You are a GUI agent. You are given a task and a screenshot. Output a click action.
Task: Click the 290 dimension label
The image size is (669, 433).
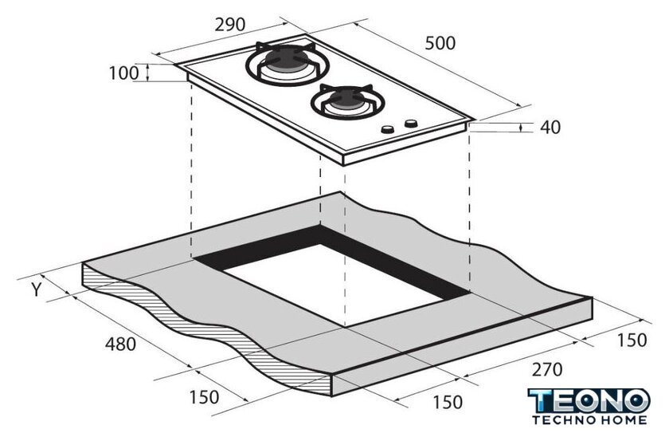[230, 25]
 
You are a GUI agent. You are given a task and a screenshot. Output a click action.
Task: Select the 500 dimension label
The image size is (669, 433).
[440, 43]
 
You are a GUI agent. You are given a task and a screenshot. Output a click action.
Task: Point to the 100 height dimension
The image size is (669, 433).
[123, 73]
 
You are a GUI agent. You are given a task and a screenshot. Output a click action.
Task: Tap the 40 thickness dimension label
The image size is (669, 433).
[550, 128]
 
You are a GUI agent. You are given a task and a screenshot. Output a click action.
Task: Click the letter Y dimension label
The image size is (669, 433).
[37, 290]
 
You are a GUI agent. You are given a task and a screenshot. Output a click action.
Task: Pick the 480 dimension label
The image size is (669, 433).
[121, 344]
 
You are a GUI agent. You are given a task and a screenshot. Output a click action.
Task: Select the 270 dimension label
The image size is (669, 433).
[546, 369]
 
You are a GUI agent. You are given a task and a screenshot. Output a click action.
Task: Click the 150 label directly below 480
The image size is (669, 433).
[204, 397]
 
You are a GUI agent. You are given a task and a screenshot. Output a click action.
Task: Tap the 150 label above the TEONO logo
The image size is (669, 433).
[632, 340]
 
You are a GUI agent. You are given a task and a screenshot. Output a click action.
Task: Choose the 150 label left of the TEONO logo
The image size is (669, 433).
[447, 402]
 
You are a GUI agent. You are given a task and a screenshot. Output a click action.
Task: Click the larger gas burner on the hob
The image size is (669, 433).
[288, 64]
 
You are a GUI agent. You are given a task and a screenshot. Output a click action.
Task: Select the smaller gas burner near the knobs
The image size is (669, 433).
[348, 101]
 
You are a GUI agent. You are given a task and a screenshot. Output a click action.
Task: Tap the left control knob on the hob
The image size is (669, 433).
[388, 129]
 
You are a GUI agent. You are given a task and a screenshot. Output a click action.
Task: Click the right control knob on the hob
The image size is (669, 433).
[411, 124]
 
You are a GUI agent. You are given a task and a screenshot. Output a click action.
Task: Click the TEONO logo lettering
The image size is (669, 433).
[589, 401]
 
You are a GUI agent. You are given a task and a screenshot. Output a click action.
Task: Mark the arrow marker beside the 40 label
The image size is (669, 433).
[522, 128]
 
